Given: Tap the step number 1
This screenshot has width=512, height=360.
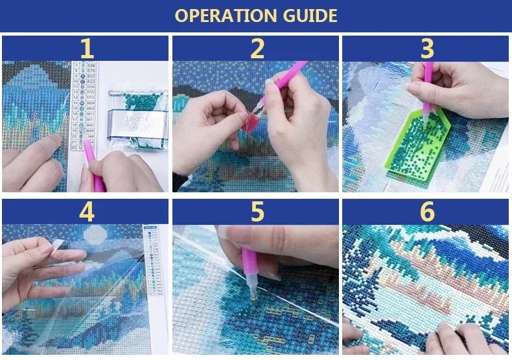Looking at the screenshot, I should coord(86,49).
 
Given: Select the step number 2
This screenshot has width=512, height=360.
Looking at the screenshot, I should coord(257,49).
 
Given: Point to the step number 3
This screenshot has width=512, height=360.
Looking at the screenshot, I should coord(426,49).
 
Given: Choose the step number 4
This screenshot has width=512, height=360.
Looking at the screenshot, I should coord(86,212).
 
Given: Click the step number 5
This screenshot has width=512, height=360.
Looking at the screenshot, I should coord(257,212).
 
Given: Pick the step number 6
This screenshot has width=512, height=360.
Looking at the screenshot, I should coord(426,212).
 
